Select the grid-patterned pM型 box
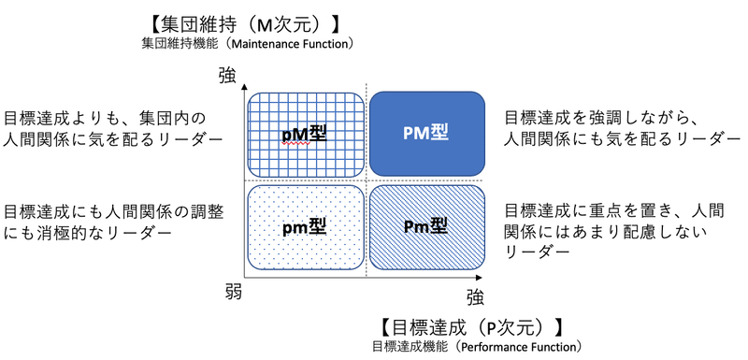click(x=304, y=134)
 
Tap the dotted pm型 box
click(x=304, y=226)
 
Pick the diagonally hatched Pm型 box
click(x=427, y=226)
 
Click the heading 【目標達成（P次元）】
click(x=472, y=327)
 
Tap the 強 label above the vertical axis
click(x=227, y=74)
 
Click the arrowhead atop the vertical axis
click(x=244, y=85)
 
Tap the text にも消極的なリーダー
click(x=88, y=234)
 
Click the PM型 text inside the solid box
click(x=427, y=134)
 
